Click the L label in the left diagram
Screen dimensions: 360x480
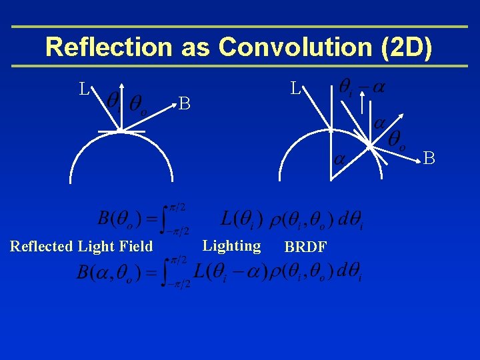point(84,89)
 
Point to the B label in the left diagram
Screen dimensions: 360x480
point(185,103)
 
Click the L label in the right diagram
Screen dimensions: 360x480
point(295,88)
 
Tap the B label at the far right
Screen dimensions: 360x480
point(429,159)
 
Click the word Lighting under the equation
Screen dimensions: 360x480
point(231,246)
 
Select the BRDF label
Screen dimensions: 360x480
point(305,247)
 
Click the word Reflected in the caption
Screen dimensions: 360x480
point(41,247)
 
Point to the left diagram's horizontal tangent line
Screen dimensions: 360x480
point(121,132)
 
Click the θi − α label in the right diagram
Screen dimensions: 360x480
point(363,87)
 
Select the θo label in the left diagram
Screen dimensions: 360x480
point(139,103)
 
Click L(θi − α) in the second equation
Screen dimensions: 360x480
point(229,272)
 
